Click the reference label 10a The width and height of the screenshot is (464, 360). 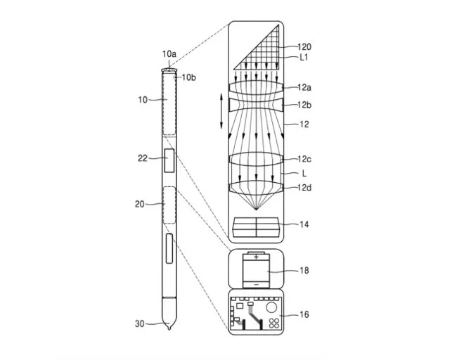(169, 53)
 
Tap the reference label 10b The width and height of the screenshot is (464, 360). (188, 77)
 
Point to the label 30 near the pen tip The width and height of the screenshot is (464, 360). (140, 324)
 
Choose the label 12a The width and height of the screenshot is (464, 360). (304, 87)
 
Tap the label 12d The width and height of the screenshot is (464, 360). (304, 187)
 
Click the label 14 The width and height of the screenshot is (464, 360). (303, 225)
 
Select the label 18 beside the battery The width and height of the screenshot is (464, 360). (303, 270)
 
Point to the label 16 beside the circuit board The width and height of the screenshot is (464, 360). (303, 315)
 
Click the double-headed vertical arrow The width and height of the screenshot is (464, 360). (222, 112)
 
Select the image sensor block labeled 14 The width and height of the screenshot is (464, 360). (257, 228)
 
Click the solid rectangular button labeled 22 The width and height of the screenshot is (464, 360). (169, 160)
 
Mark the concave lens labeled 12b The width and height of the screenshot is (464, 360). (256, 105)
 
